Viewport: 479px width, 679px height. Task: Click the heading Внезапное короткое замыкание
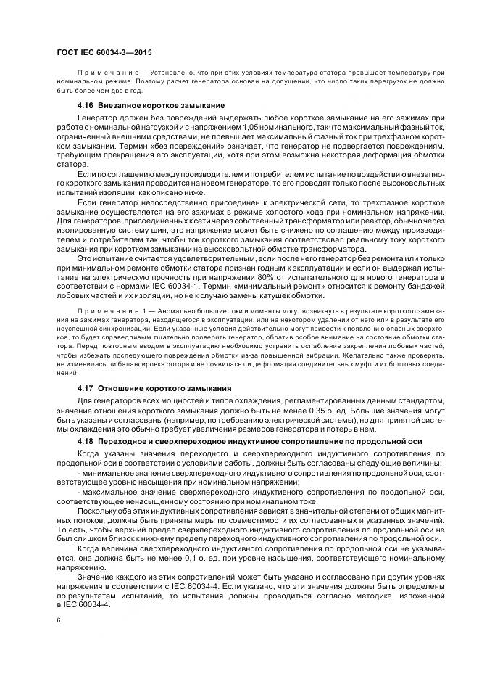(x=144, y=106)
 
